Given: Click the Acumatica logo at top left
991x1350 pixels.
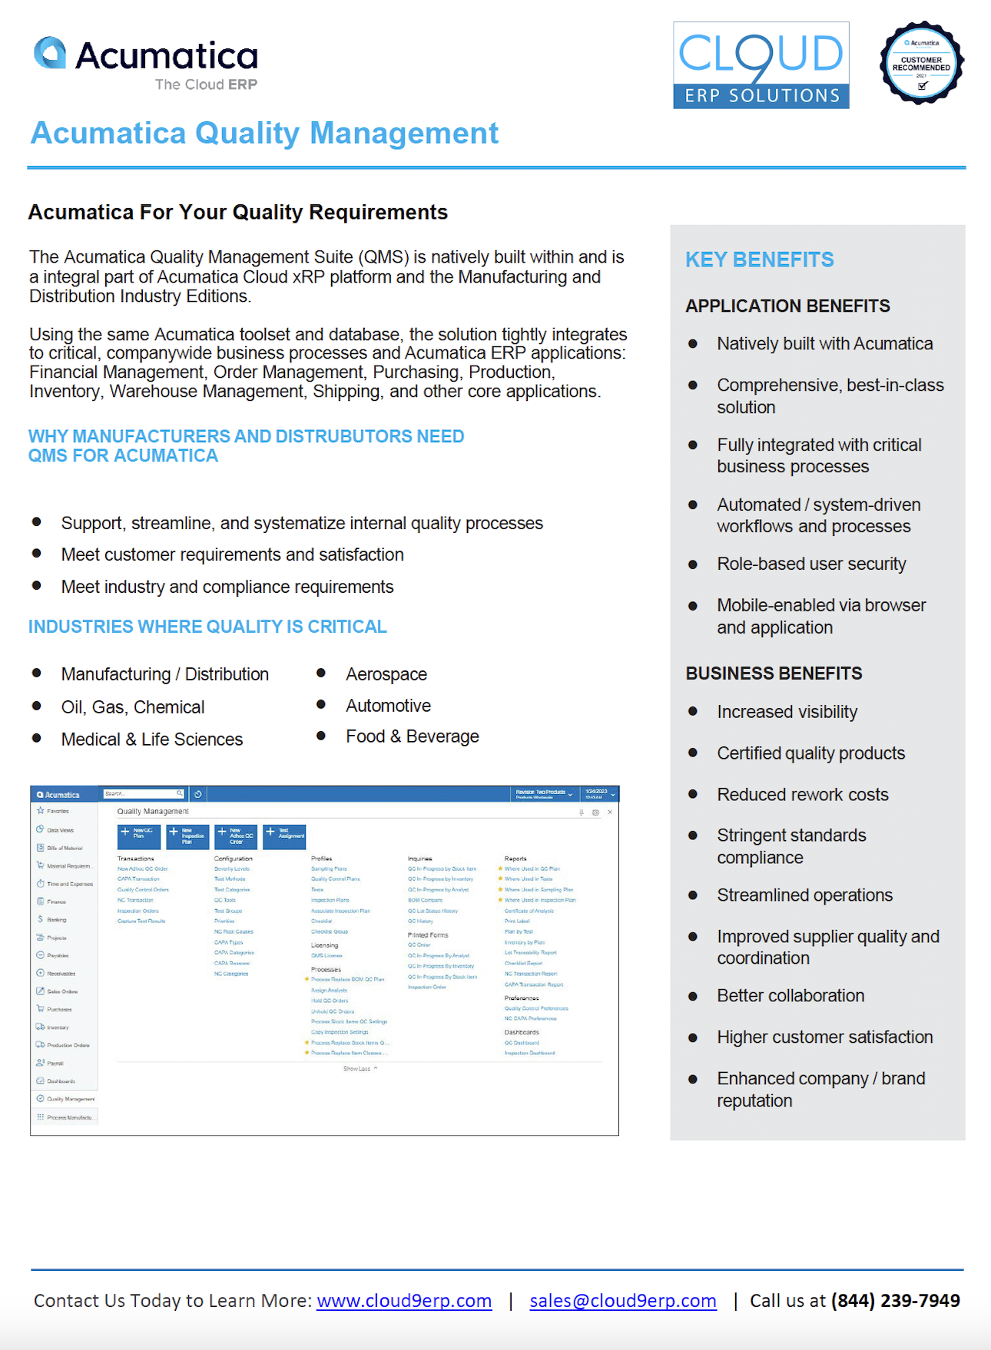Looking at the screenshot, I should (x=146, y=62).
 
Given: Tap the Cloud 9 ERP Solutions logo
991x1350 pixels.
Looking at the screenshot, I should (x=761, y=66).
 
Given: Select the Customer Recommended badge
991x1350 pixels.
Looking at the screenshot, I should (x=921, y=63).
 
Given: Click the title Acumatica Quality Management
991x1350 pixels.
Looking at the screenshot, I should (x=264, y=133).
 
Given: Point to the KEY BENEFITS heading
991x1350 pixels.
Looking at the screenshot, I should (x=759, y=260).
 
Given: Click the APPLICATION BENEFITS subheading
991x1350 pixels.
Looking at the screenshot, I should (x=787, y=306).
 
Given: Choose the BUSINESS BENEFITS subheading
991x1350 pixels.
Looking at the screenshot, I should (x=774, y=673).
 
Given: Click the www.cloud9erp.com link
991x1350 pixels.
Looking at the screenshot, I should (x=404, y=1300).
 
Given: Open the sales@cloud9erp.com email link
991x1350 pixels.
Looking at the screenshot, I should (x=622, y=1300).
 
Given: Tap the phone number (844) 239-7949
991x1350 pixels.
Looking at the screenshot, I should (x=895, y=1300).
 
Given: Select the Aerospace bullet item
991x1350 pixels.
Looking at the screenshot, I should (x=386, y=674).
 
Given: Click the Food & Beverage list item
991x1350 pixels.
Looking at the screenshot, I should (x=412, y=736).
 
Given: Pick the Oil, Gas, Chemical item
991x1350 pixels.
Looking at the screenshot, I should (x=133, y=707).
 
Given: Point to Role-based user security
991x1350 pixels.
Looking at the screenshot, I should (x=811, y=564).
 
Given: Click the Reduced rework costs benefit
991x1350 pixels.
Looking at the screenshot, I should (x=802, y=794).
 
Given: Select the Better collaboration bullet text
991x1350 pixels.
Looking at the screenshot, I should (x=790, y=995).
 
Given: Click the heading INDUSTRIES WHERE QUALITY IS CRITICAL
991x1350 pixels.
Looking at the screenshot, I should (x=207, y=627).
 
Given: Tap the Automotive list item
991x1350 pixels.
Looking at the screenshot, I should (x=388, y=706).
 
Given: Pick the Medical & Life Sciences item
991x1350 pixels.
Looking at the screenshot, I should (x=151, y=740).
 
